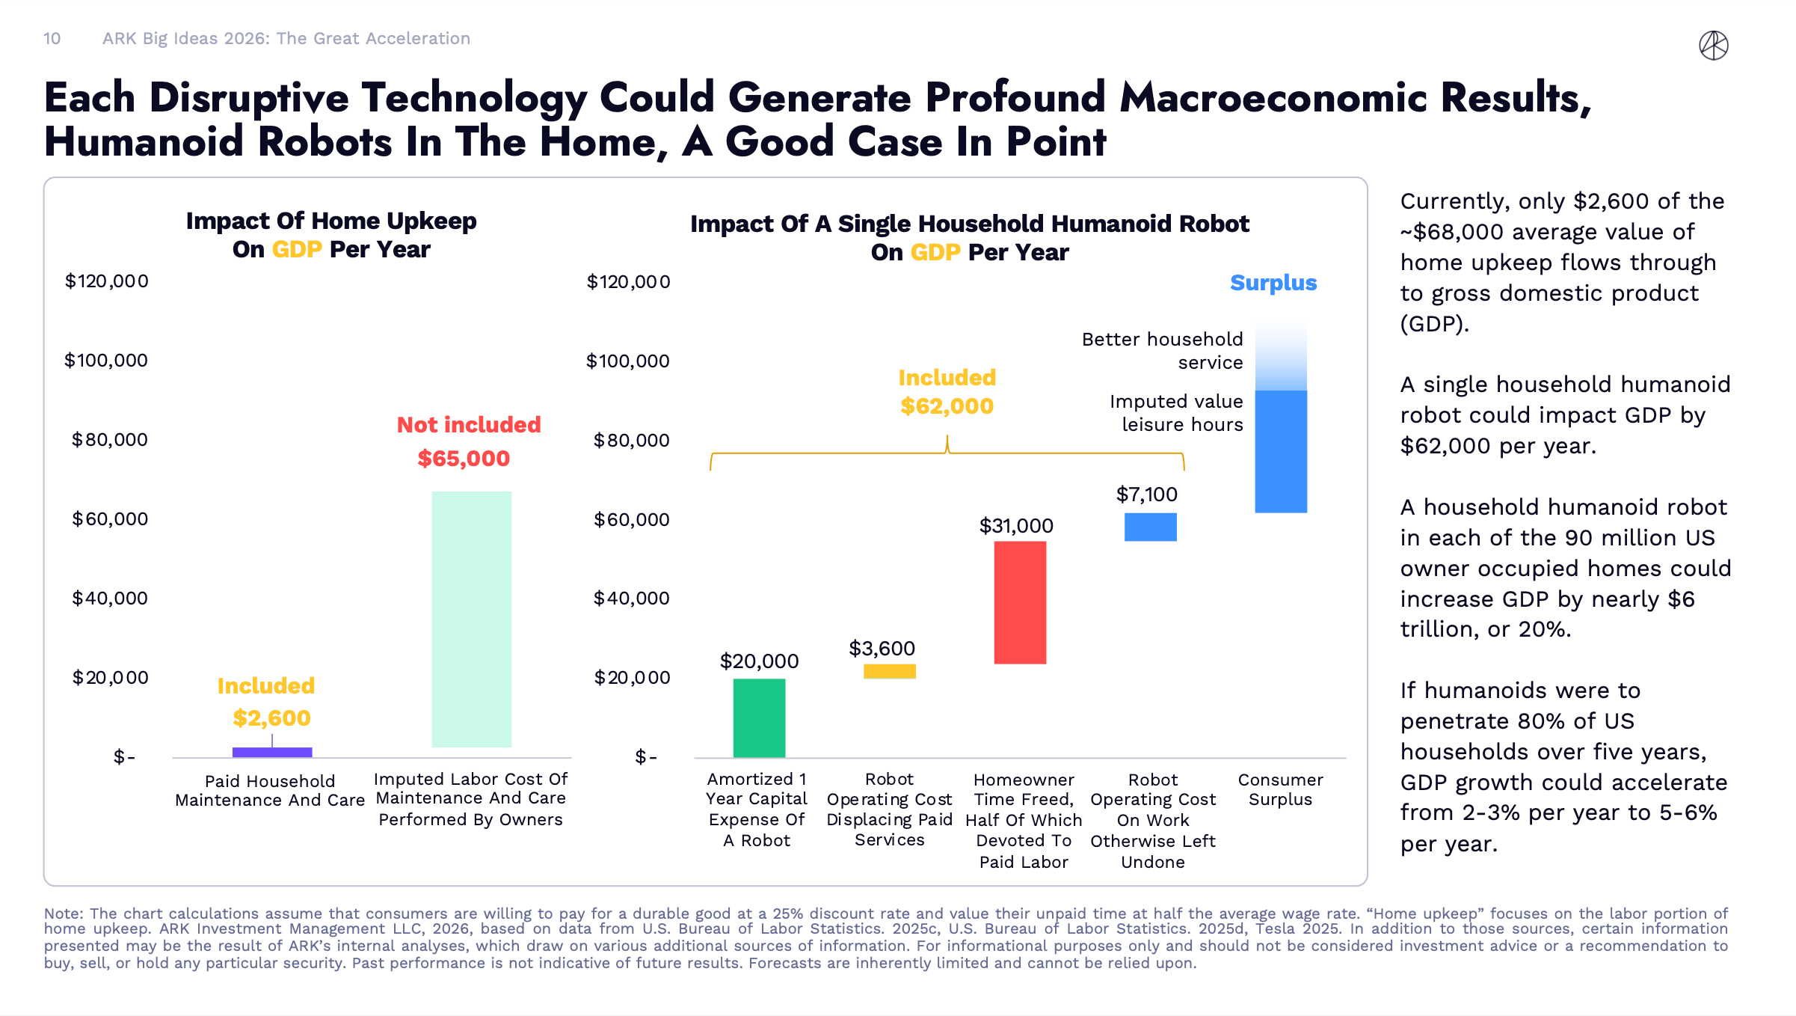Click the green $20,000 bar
[759, 717]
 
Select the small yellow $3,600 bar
[889, 671]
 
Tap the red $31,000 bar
[1019, 602]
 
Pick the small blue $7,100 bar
[1150, 527]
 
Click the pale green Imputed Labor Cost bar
[471, 619]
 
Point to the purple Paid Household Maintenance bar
[272, 752]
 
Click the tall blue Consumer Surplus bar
[1280, 451]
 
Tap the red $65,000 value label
[464, 459]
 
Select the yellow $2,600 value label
[271, 718]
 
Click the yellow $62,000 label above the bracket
[947, 406]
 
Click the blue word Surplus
[1273, 283]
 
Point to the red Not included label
[469, 425]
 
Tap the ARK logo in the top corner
[1713, 46]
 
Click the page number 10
[52, 39]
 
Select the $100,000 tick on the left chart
[106, 361]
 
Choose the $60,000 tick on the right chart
[631, 519]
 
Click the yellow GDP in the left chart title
[297, 249]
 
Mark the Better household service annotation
[1162, 351]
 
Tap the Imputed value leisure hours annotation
[1176, 413]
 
